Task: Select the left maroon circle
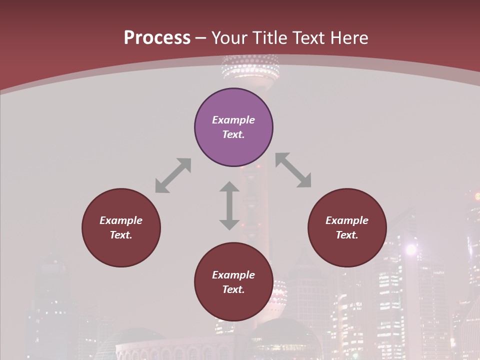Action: (x=121, y=227)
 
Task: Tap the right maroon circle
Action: (x=347, y=227)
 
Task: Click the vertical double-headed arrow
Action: (x=229, y=205)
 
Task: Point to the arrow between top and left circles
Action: (x=173, y=175)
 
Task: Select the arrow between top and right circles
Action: (x=293, y=170)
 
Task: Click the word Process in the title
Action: (x=157, y=37)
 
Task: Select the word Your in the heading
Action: (x=228, y=37)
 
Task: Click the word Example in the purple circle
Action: (x=233, y=120)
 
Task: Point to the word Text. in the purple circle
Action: (x=233, y=134)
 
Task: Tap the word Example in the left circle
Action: (x=121, y=220)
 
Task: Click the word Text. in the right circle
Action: (x=347, y=235)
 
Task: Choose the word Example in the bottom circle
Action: (x=233, y=275)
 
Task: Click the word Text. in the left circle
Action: (x=121, y=235)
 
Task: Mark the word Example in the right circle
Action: (x=347, y=220)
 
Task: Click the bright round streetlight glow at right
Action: (x=411, y=249)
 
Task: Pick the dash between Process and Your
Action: (x=201, y=38)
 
